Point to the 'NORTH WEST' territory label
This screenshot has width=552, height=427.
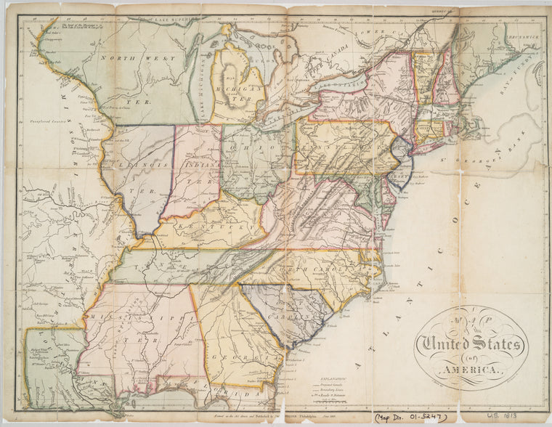pos(128,57)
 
